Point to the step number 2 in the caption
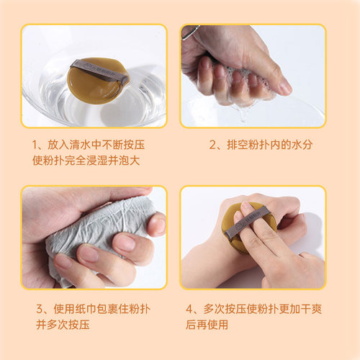pyautogui.click(x=212, y=145)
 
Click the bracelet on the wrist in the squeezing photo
pyautogui.click(x=191, y=32)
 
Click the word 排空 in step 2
pyautogui.click(x=234, y=145)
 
